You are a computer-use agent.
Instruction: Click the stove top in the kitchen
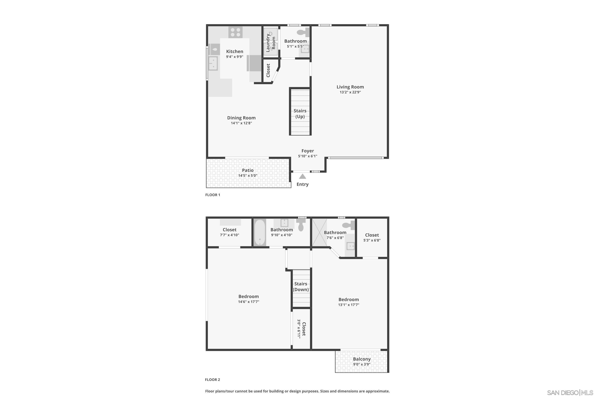(x=236, y=32)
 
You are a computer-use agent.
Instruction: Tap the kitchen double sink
(x=213, y=63)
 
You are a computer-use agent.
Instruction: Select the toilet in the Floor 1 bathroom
(x=303, y=32)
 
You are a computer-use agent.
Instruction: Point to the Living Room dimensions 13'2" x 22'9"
(x=350, y=92)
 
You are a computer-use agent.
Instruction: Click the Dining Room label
(x=241, y=118)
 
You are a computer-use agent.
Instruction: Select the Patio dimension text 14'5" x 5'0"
(x=248, y=175)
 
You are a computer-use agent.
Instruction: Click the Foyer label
(x=308, y=151)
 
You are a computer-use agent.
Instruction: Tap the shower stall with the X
(x=320, y=232)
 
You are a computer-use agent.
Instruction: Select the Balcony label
(x=362, y=359)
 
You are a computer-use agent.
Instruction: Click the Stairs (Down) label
(x=301, y=287)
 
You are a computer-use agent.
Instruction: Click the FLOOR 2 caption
(x=212, y=380)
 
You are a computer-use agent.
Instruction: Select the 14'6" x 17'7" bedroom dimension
(x=249, y=302)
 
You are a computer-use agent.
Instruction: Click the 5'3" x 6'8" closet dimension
(x=372, y=240)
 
